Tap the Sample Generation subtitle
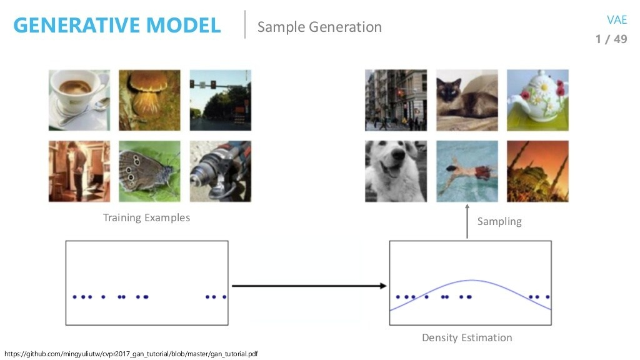tap(319, 27)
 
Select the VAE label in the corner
tap(616, 20)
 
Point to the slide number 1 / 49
tap(611, 39)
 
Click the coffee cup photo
tap(79, 100)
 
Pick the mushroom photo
tap(149, 100)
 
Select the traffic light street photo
tap(220, 100)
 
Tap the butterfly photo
tap(149, 171)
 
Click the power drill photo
tap(220, 171)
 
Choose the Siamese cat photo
tap(467, 100)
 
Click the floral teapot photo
tap(537, 100)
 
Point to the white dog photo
tap(396, 171)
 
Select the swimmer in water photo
tap(467, 171)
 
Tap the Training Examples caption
tap(146, 218)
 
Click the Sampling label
tap(499, 221)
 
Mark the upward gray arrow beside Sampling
tap(467, 222)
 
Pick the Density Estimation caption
tap(467, 338)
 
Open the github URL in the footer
tap(131, 354)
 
